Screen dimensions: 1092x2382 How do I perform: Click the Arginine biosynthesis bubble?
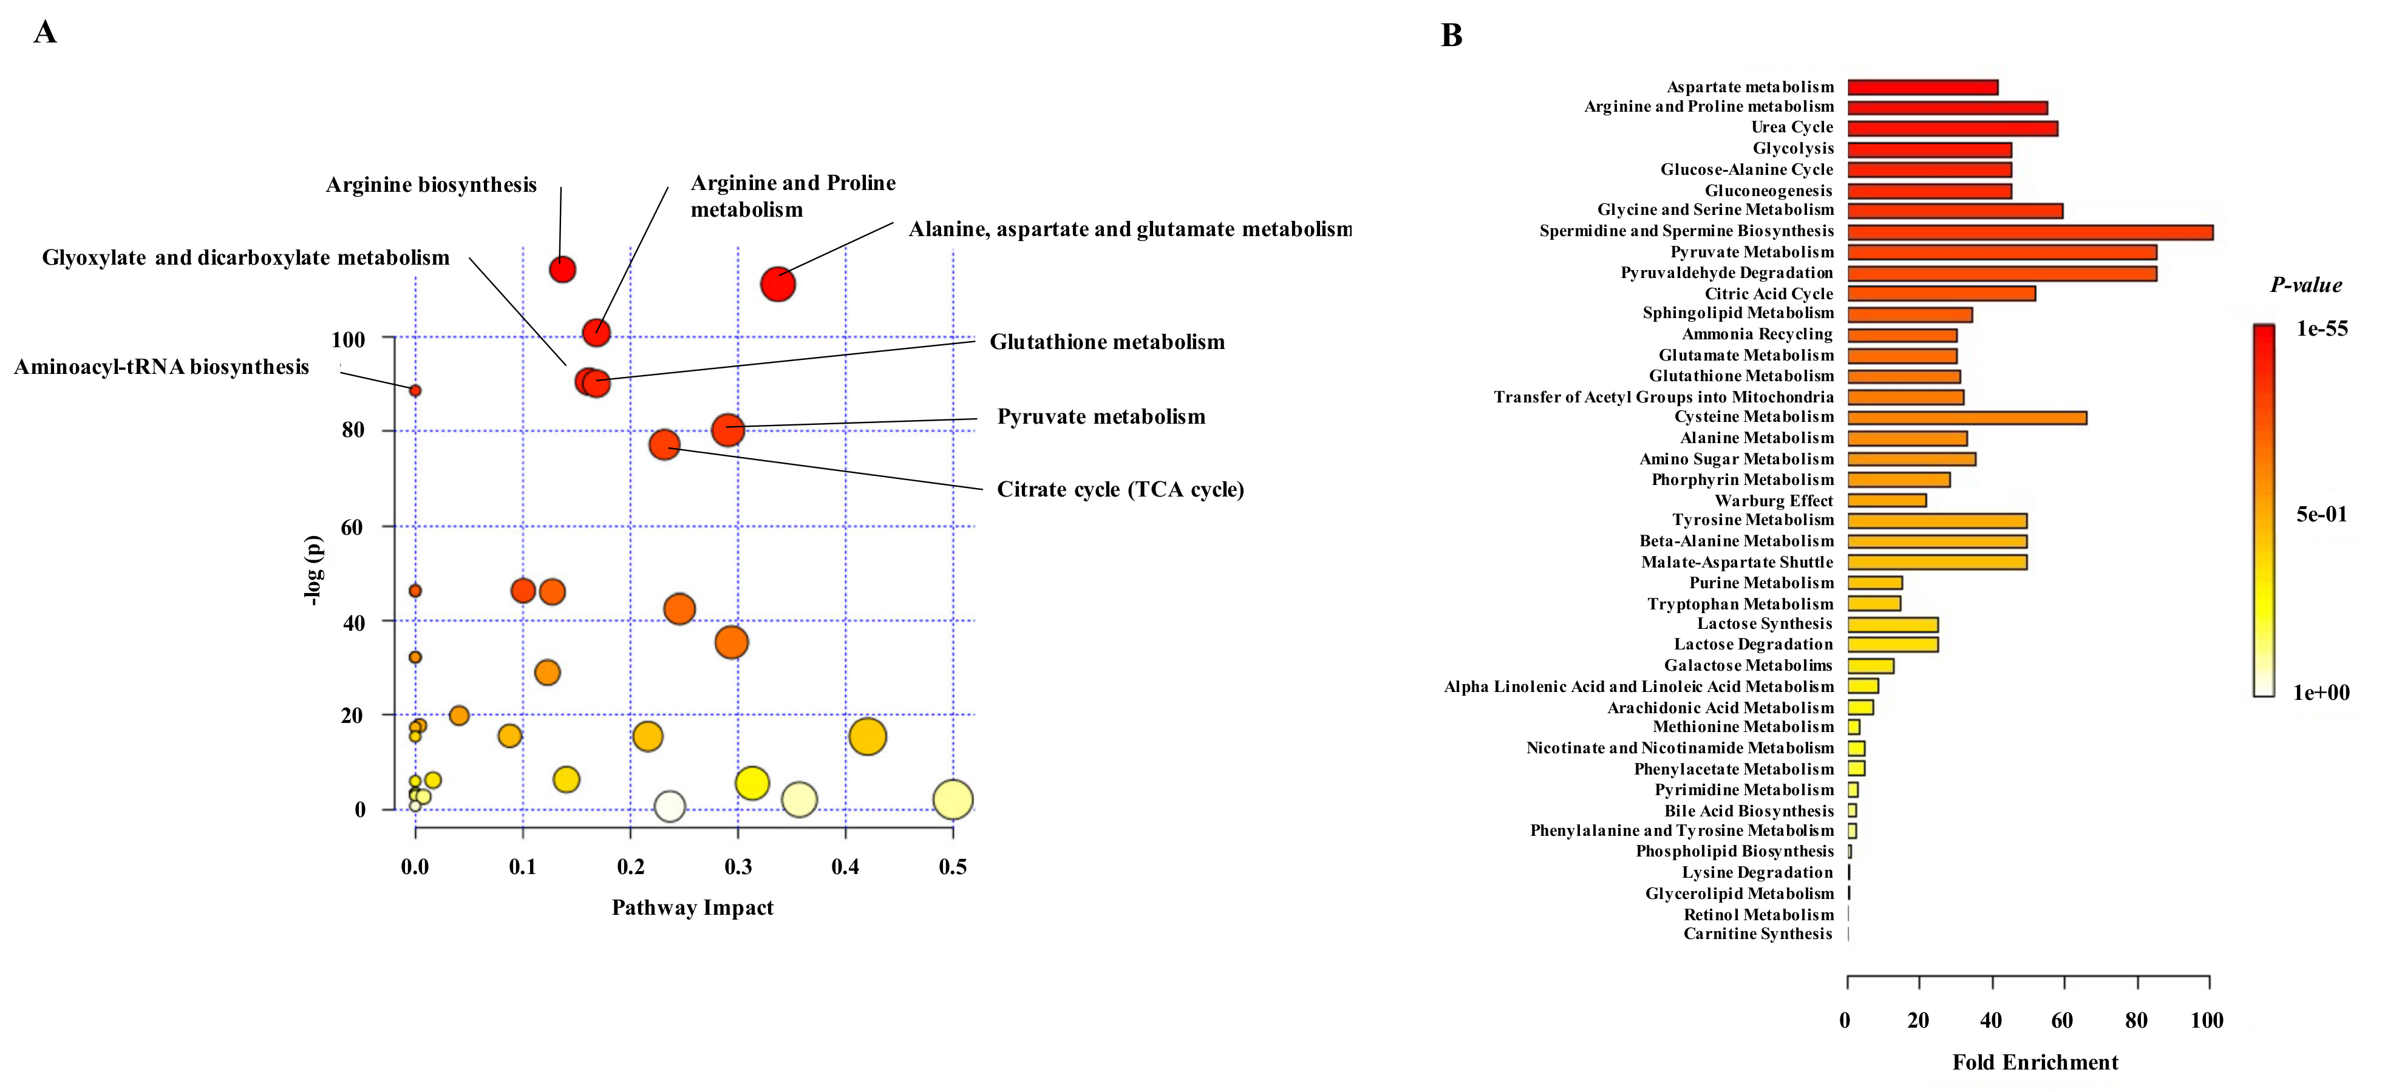(562, 269)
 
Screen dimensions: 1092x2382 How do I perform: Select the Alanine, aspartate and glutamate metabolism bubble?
(778, 284)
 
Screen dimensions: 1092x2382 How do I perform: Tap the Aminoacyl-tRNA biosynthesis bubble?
(415, 391)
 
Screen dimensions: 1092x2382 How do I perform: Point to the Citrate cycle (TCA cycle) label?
(1120, 489)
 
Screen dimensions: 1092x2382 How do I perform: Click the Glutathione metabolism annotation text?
(1107, 342)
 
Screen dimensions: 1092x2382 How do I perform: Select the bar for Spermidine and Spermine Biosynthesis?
(2030, 232)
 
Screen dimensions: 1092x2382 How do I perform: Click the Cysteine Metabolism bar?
(1967, 418)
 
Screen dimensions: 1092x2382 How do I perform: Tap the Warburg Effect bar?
(1887, 500)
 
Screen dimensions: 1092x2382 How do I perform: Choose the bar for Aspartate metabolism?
(1922, 87)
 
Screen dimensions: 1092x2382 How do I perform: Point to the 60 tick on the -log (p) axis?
(352, 527)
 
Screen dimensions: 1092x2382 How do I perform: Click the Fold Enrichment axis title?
(2034, 1062)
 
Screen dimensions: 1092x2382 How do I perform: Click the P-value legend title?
(2306, 285)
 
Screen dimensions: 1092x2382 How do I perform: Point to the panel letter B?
(1452, 35)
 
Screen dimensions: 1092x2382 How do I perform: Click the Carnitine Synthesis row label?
(1757, 934)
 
